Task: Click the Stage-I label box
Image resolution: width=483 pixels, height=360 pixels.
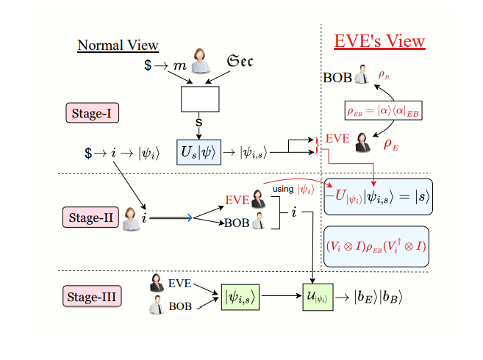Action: pos(92,114)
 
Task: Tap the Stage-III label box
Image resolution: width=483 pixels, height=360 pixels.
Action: pos(92,298)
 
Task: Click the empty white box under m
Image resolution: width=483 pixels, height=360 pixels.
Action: pos(200,97)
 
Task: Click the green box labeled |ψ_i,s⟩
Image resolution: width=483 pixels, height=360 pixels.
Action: pos(240,298)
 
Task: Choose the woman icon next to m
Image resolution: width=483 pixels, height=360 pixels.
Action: pos(199,62)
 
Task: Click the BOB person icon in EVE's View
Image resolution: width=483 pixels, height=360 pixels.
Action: pos(361,76)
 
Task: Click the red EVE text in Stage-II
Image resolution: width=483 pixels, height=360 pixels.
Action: pos(237,200)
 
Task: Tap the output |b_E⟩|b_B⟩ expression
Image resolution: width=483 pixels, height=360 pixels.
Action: pos(378,298)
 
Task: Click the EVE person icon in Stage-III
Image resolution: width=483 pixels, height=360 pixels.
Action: pos(157,281)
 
